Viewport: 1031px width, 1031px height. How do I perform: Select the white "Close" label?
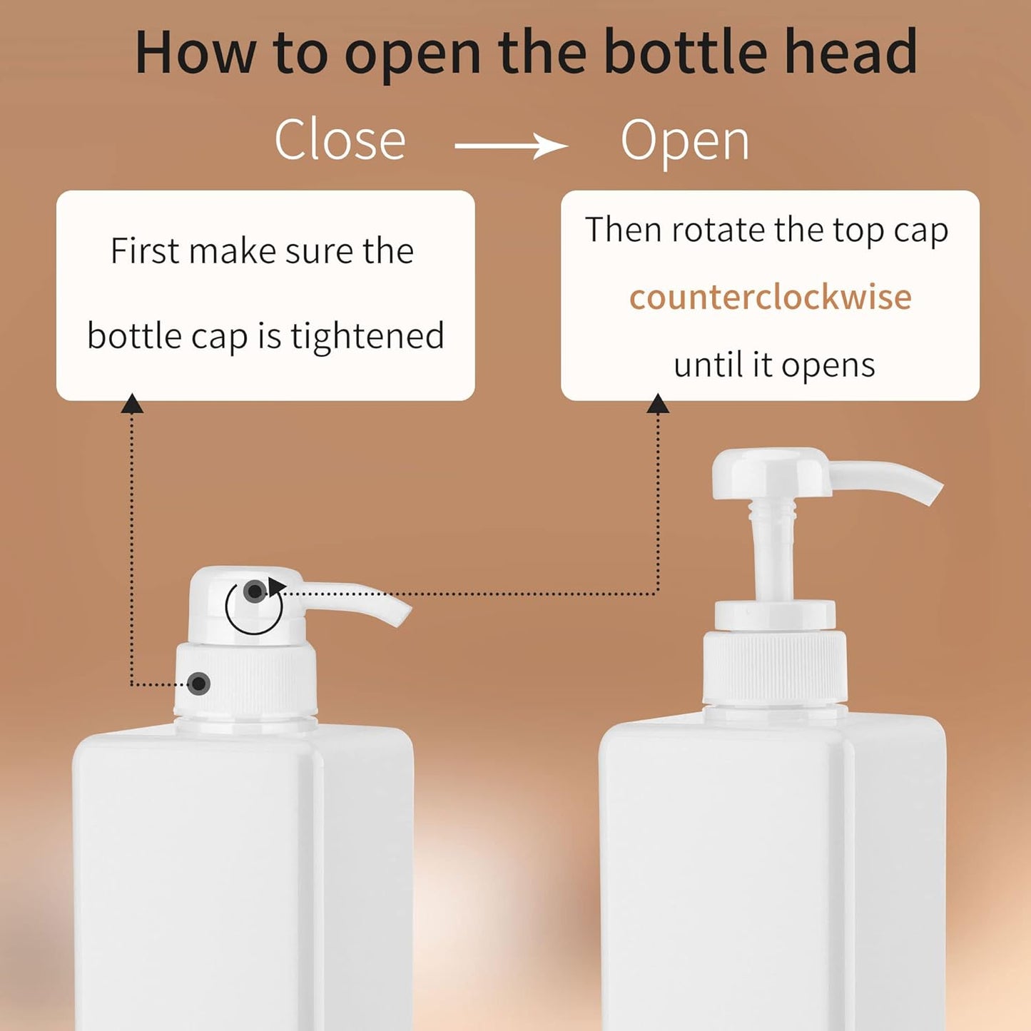click(340, 140)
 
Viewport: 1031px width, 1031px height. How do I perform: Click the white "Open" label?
click(685, 141)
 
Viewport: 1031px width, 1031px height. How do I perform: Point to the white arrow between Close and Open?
click(511, 146)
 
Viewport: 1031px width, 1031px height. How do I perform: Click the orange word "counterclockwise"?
click(770, 297)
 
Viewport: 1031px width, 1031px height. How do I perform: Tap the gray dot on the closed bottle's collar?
click(199, 684)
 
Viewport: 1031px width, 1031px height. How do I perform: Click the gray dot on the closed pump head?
click(254, 591)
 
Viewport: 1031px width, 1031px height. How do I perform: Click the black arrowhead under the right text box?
click(658, 405)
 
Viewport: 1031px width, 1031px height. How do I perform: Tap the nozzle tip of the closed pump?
click(401, 615)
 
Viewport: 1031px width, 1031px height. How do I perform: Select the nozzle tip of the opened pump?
click(932, 494)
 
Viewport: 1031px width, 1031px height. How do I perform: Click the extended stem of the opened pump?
click(772, 549)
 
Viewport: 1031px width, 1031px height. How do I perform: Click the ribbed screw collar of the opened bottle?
click(775, 666)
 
